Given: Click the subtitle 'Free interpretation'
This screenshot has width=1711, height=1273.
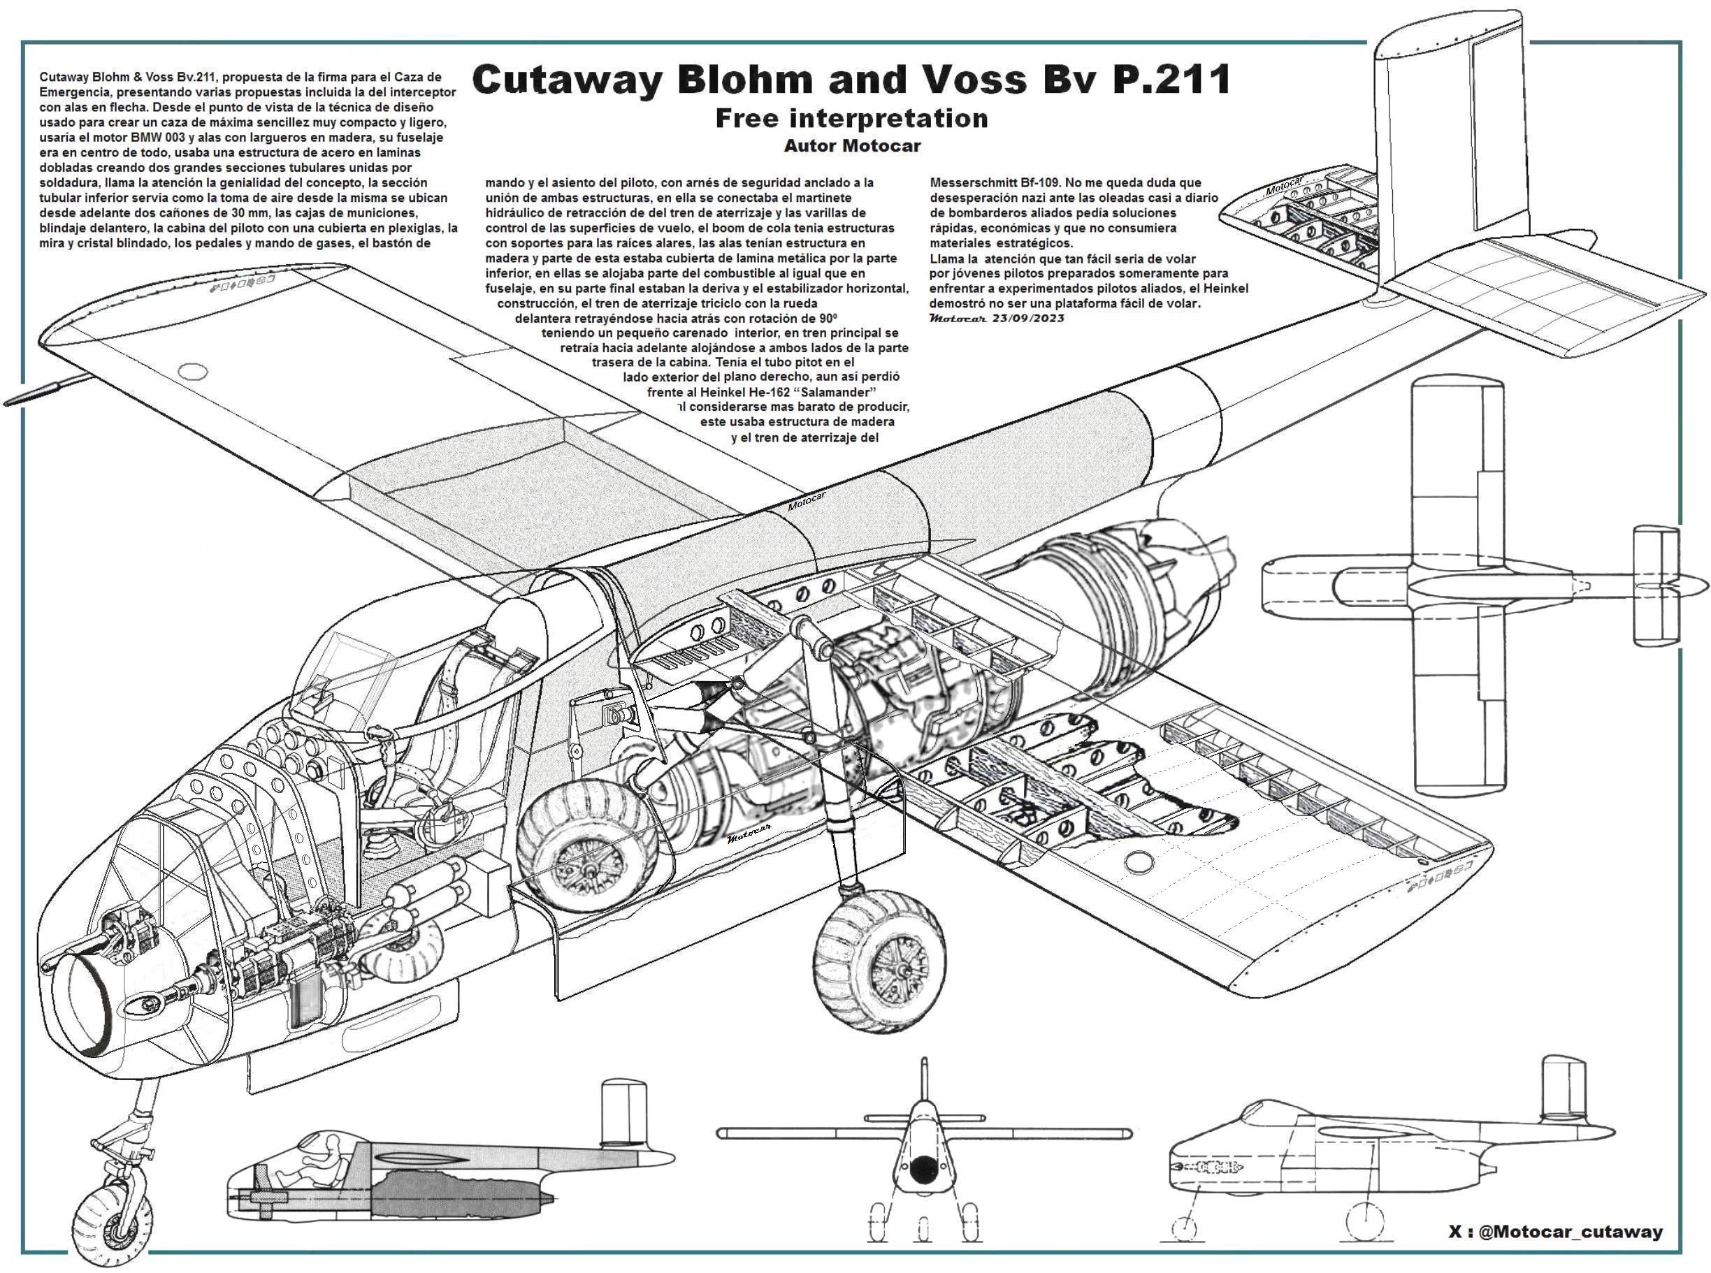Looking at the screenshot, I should coord(851,118).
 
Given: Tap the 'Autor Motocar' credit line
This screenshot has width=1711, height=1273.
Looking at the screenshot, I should coord(851,145).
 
